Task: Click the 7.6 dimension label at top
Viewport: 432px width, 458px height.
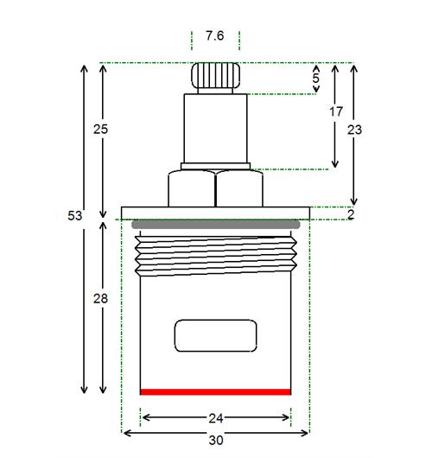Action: (214, 36)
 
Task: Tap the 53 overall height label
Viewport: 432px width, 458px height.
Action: (75, 216)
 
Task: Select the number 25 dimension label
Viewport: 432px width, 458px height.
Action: (100, 129)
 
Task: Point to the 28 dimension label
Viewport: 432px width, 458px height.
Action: (100, 298)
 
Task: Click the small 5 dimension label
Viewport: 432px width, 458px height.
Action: (315, 79)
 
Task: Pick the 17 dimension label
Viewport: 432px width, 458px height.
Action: (336, 111)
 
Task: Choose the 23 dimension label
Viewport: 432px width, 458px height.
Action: (354, 130)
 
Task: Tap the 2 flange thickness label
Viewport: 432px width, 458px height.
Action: (351, 215)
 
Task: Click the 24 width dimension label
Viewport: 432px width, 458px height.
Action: (216, 418)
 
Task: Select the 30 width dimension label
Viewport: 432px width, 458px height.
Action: (216, 440)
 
